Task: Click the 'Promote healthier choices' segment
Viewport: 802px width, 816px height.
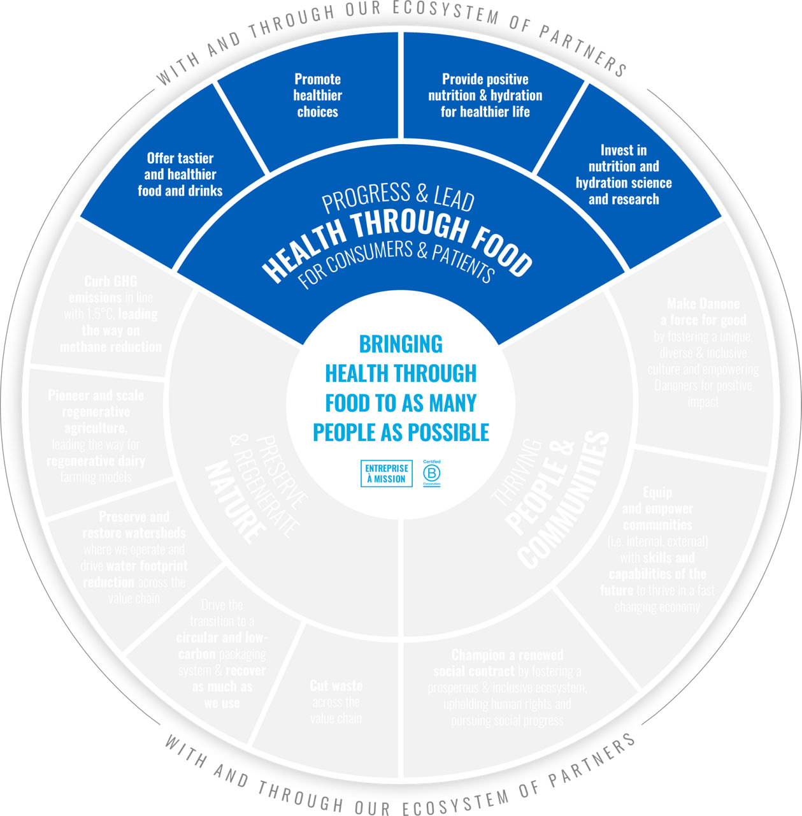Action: coord(317,96)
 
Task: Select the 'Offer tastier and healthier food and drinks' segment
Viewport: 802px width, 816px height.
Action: coord(180,175)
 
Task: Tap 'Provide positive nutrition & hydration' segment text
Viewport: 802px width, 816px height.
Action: coord(485,96)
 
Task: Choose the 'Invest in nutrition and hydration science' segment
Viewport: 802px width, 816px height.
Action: coord(624,175)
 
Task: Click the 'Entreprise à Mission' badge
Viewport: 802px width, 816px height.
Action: coord(386,474)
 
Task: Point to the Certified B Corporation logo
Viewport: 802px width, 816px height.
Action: coord(432,474)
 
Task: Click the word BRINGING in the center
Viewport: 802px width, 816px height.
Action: coord(401,344)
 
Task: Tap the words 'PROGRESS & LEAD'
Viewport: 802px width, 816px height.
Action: coord(398,198)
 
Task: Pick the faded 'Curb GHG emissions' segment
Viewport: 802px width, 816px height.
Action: coord(111,314)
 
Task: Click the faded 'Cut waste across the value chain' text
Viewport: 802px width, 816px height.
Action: coord(336,702)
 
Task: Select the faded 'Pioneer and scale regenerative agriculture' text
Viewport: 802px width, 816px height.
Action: coord(96,436)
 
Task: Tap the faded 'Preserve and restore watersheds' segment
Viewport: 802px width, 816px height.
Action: coord(134,557)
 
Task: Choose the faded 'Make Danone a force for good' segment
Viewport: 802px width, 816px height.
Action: coord(703,353)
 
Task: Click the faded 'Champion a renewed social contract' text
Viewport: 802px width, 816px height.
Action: coord(507,688)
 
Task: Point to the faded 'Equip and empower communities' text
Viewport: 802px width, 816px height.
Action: coord(657,549)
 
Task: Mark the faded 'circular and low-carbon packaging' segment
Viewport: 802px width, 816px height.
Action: coord(222,653)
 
